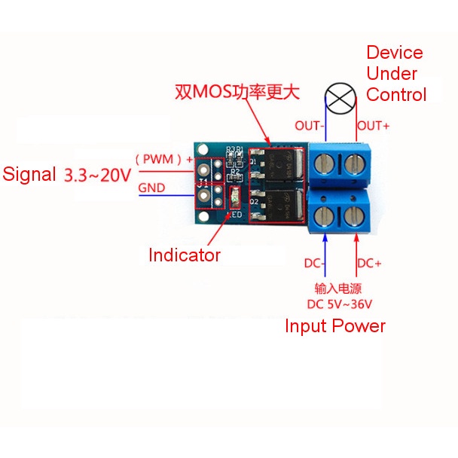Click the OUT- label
tap(309, 126)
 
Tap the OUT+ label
tap(373, 126)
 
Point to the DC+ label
tap(369, 264)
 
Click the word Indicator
tap(185, 255)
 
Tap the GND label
tap(151, 190)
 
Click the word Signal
tap(29, 175)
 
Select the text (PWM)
tap(158, 159)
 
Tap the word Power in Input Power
tap(360, 326)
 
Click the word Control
tap(396, 95)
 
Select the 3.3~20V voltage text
tap(97, 175)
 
